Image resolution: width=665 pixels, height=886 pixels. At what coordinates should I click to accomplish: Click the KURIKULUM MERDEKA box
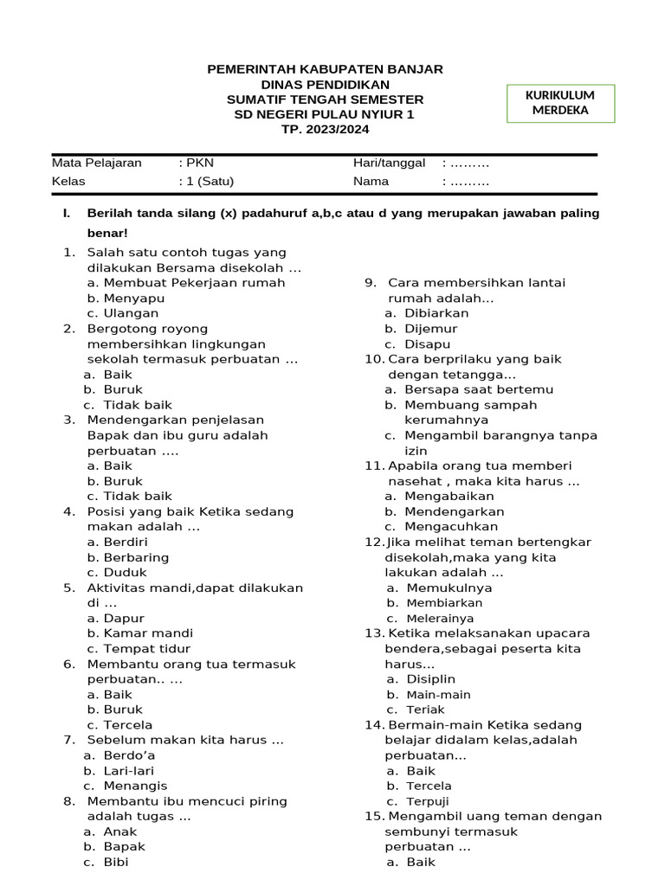(x=560, y=103)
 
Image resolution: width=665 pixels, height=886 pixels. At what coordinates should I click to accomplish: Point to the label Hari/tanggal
(x=389, y=163)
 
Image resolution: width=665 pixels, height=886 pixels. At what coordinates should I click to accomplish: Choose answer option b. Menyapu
(x=126, y=298)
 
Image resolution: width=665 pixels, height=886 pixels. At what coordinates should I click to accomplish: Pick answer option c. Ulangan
(x=123, y=313)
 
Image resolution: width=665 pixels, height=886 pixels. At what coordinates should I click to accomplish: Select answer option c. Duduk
(x=117, y=572)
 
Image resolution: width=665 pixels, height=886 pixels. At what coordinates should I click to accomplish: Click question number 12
(x=373, y=542)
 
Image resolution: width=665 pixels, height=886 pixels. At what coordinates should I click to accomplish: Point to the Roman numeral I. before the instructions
(x=66, y=213)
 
